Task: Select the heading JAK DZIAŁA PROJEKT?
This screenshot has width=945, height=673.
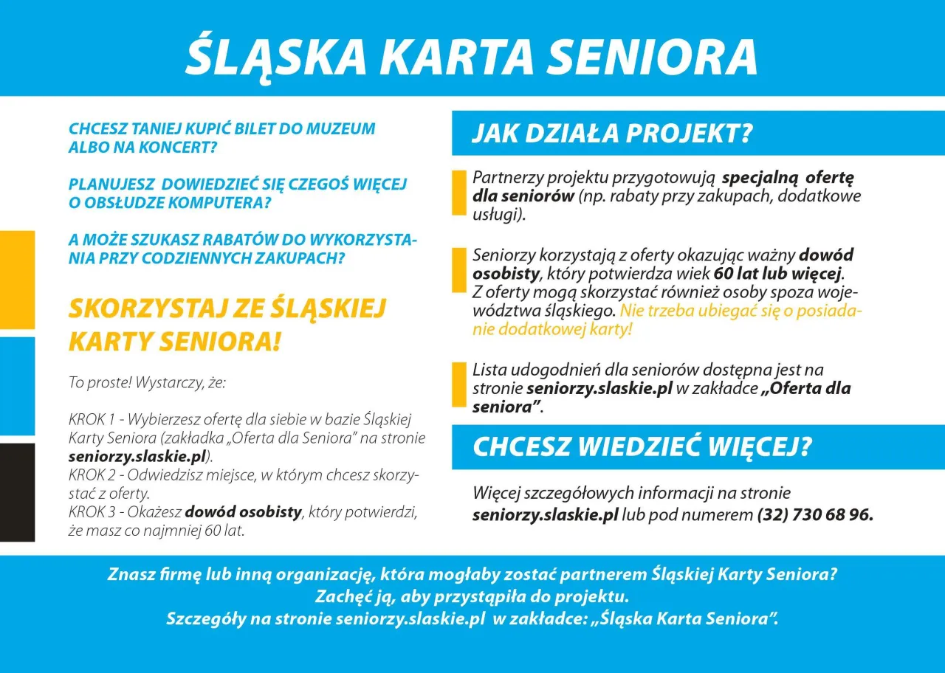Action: point(612,134)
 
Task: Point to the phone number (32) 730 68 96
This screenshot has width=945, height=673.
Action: point(815,515)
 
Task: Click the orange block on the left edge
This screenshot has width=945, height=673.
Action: point(17,279)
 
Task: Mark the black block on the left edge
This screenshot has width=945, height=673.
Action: point(17,492)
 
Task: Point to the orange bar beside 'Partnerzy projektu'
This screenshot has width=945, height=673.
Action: point(458,192)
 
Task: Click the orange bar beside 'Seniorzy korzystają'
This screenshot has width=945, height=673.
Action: point(458,270)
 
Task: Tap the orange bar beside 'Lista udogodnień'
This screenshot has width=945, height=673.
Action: point(458,384)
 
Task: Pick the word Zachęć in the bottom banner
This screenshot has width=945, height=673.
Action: point(340,596)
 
